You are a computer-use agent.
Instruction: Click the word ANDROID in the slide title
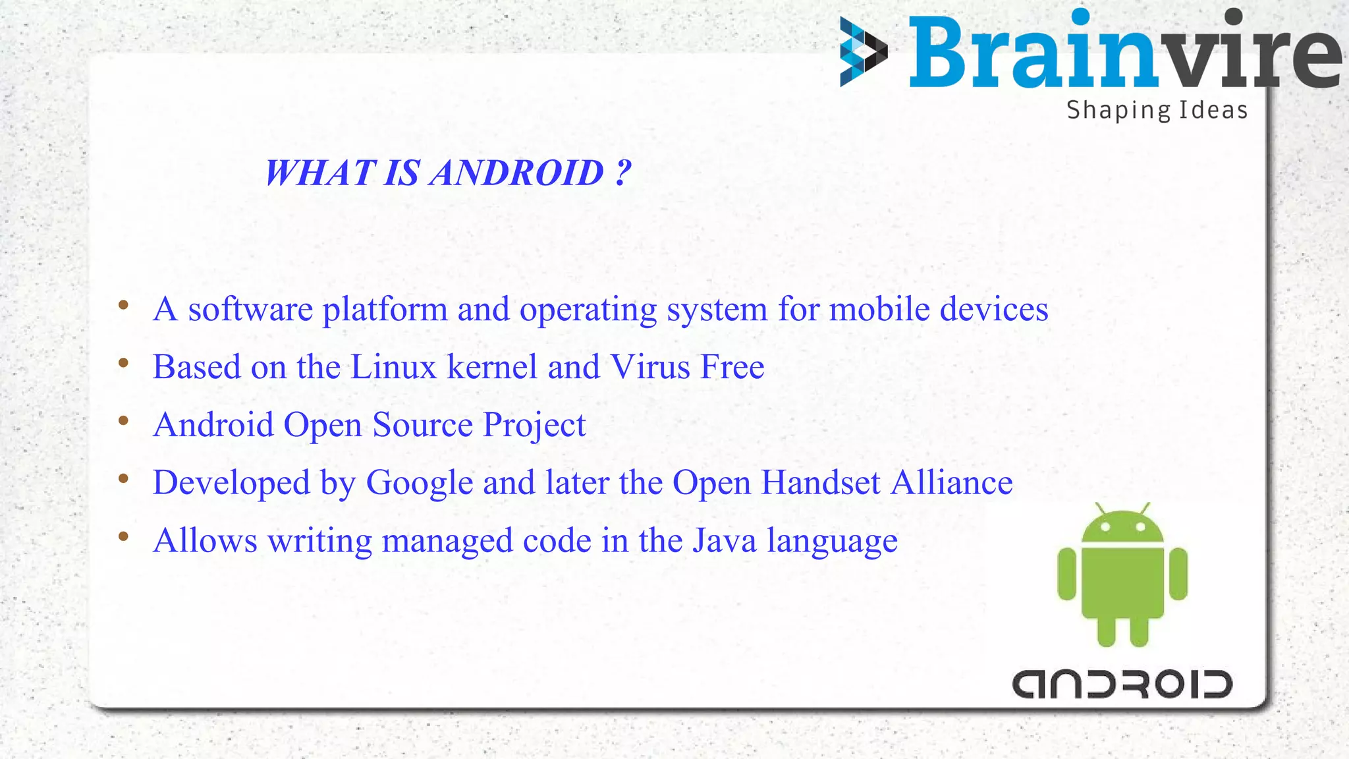517,173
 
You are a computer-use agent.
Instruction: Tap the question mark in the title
623,173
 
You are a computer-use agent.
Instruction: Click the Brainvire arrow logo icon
863,52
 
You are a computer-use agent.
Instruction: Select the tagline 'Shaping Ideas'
1157,110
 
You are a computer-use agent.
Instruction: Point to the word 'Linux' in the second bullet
393,367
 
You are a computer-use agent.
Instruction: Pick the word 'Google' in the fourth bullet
420,483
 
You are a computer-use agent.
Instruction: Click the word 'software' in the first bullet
250,309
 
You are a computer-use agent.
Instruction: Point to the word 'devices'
993,309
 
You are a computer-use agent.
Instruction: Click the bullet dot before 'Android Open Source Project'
123,420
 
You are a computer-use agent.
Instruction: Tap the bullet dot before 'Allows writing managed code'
123,536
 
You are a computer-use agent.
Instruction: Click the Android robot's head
1122,526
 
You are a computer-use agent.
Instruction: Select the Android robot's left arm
1066,574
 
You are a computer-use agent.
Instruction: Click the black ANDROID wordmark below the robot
1122,685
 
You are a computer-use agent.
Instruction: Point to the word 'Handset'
820,483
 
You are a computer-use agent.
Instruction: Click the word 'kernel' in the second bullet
492,367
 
